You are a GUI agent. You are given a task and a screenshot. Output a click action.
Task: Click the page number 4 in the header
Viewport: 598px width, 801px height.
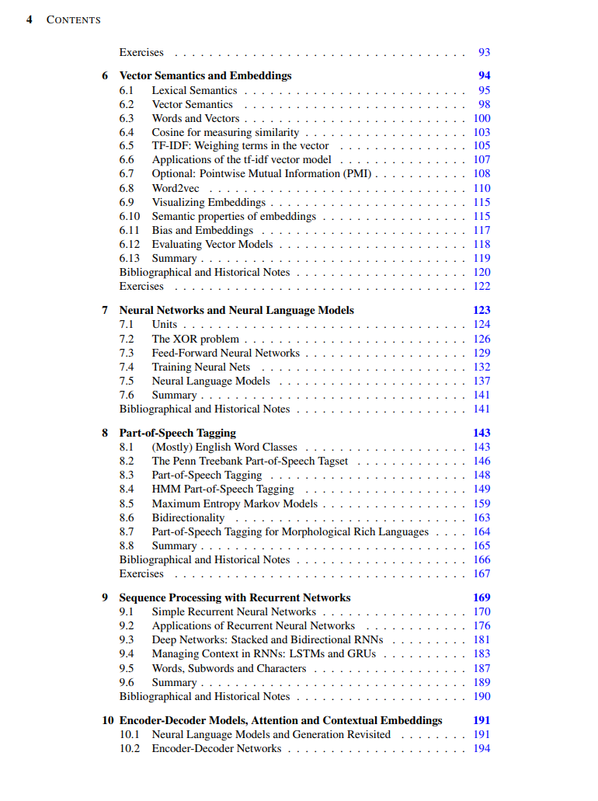point(30,19)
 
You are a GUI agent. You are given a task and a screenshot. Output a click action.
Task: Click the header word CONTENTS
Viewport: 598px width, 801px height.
point(74,19)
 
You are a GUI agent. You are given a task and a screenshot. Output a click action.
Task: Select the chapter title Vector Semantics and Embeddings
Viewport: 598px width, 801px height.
point(205,75)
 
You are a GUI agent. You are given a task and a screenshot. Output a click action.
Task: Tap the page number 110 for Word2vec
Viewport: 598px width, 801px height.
point(482,188)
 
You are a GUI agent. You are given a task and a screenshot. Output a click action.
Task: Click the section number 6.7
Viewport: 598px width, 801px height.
point(127,174)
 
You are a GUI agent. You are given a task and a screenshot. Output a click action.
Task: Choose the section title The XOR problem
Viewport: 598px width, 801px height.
point(195,339)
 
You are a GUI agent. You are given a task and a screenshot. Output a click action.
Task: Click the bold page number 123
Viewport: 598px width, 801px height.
point(482,310)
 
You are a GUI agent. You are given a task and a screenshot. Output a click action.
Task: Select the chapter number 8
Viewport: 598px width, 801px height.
point(105,433)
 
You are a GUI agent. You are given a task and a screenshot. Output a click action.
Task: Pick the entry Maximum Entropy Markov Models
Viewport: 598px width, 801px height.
point(235,503)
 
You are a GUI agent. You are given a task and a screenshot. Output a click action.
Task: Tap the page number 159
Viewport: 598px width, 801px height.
point(482,503)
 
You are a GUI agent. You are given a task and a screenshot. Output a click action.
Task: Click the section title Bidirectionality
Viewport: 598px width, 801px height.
point(188,517)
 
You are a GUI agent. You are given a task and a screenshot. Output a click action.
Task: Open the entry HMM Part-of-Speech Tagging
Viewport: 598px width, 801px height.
point(223,489)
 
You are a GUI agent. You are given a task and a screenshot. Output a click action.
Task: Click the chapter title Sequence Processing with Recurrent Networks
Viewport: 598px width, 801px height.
point(235,597)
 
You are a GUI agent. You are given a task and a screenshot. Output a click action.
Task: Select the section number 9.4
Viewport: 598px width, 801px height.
point(127,654)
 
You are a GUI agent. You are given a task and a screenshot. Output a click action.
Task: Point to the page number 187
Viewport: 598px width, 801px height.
point(482,668)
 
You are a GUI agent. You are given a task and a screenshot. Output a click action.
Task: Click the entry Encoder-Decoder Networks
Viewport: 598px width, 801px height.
point(217,748)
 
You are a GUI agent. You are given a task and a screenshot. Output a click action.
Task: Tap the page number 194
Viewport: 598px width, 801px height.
point(482,748)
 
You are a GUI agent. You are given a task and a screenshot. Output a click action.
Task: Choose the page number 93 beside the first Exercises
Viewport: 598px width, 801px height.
point(485,53)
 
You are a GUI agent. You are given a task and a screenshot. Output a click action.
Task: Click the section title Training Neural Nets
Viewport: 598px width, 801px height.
point(201,367)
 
